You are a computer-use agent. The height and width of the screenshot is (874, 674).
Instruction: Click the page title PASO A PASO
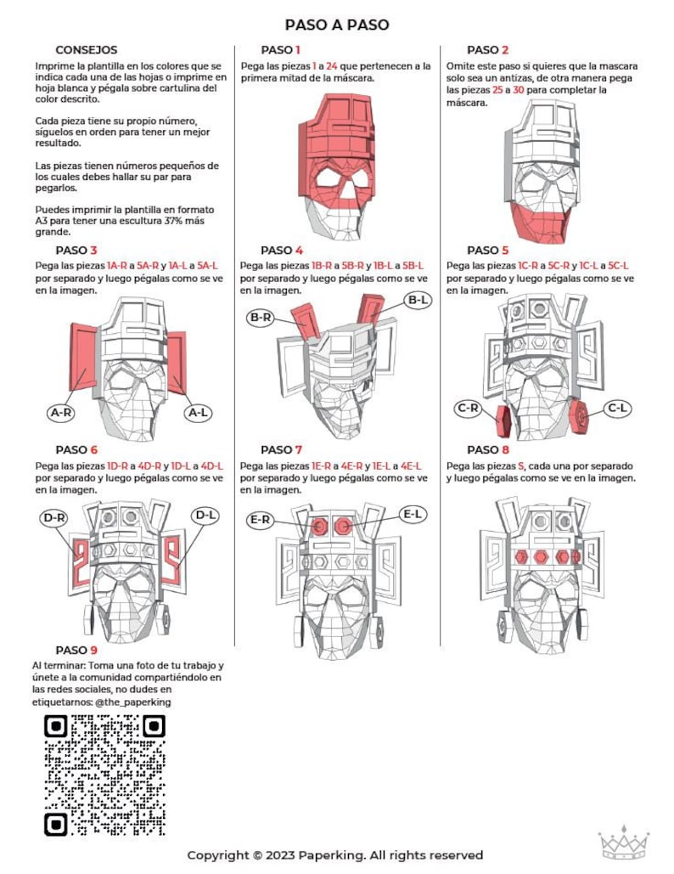337,25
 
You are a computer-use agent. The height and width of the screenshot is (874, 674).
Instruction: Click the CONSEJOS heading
87,50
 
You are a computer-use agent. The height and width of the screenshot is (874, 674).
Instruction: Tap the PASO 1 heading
280,50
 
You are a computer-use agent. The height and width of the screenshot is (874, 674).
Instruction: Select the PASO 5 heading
487,250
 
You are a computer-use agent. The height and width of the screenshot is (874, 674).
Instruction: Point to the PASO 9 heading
76,651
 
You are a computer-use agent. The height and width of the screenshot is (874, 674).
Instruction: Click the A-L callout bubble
198,413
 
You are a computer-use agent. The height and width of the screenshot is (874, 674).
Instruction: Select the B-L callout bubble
418,300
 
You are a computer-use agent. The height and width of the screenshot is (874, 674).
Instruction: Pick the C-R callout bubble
468,408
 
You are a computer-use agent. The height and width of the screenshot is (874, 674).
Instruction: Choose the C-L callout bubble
618,409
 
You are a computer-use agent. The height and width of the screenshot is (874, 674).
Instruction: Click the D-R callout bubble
55,516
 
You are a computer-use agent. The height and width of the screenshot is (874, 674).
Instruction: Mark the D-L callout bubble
205,515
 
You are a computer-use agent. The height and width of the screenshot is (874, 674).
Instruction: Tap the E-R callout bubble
261,518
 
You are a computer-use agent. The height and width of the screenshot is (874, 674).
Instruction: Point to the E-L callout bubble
413,514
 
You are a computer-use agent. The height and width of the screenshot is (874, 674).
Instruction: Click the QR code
104,775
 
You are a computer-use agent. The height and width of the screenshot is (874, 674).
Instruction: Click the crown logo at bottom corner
623,843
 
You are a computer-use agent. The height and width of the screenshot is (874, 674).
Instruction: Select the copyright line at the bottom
335,854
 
